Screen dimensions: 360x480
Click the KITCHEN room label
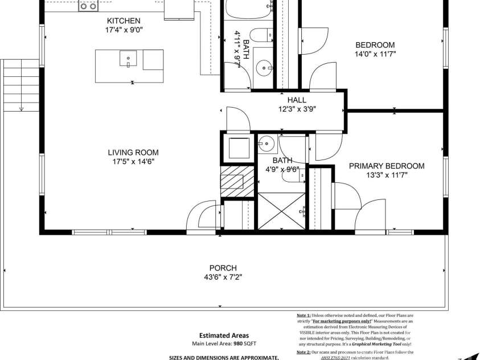click(123, 21)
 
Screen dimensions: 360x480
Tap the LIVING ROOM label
click(133, 152)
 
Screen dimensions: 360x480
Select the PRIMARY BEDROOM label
click(387, 166)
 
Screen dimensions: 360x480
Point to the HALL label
click(297, 100)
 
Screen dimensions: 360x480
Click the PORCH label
click(223, 268)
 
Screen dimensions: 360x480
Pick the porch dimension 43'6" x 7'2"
click(223, 277)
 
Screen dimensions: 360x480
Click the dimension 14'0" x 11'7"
click(375, 54)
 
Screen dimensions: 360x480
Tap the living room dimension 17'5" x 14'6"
click(133, 161)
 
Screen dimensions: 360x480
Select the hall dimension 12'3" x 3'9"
click(297, 109)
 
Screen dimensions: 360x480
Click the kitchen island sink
click(128, 58)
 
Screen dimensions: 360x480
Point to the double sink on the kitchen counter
click(88, 7)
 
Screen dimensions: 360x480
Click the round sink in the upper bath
click(265, 69)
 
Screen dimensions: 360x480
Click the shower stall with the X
click(282, 211)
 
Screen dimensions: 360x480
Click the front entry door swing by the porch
click(200, 218)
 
